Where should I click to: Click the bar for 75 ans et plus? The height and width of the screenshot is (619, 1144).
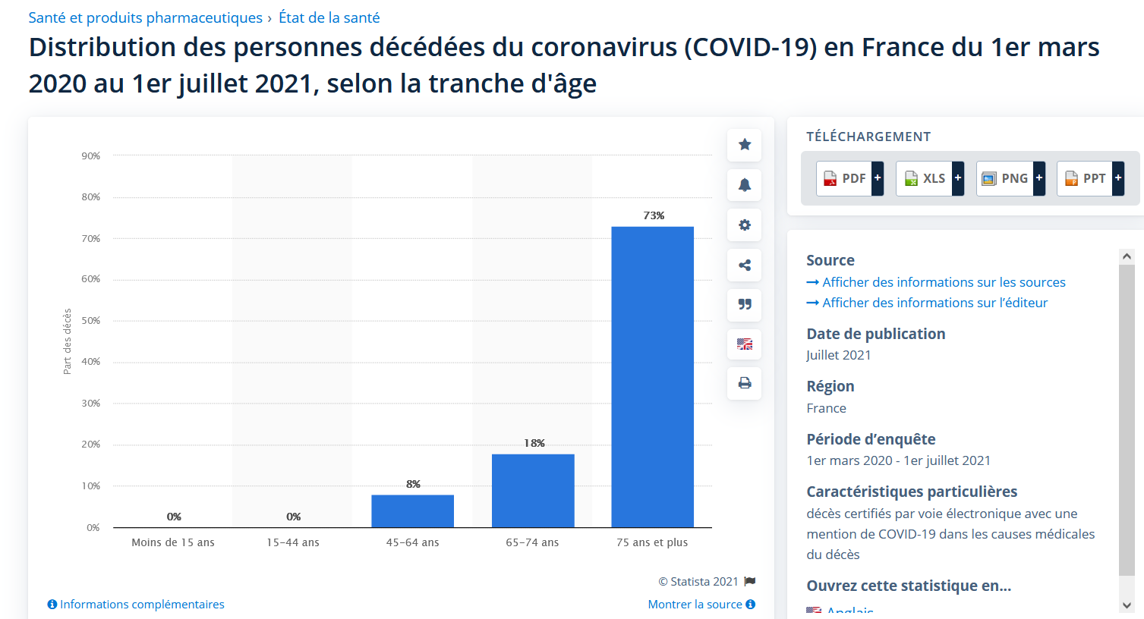(652, 377)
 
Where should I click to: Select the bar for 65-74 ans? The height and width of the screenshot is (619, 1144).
(533, 491)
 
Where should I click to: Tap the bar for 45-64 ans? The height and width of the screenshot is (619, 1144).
(412, 511)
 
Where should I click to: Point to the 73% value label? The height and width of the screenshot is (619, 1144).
(654, 215)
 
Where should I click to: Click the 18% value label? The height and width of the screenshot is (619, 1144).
(534, 443)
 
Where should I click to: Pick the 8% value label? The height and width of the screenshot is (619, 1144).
(413, 484)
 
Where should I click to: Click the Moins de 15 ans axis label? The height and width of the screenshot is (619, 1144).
(173, 542)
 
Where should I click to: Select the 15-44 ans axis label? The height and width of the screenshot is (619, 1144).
(293, 542)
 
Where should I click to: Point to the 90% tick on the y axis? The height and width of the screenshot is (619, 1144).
(91, 156)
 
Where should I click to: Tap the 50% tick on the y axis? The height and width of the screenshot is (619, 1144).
(91, 321)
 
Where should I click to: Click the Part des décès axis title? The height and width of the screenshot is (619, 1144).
(68, 341)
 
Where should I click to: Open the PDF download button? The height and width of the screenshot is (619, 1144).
(849, 178)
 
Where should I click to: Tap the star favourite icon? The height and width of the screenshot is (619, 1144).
(745, 144)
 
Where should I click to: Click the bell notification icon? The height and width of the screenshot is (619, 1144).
(745, 184)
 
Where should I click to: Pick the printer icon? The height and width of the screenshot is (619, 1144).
(745, 383)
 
